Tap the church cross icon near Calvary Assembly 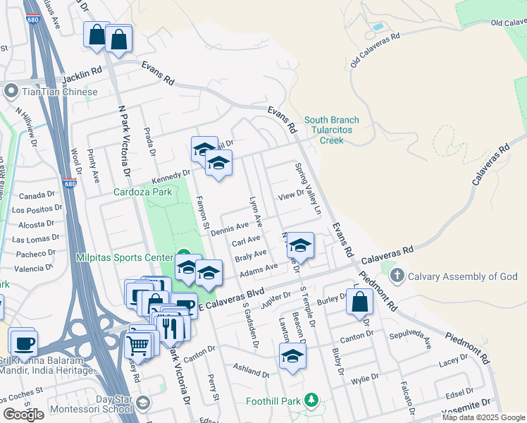pyautogui.click(x=397, y=276)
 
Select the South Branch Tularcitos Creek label pyautogui.click(x=331, y=130)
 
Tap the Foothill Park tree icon pyautogui.click(x=312, y=402)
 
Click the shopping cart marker pyautogui.click(x=138, y=346)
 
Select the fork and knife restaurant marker pyautogui.click(x=170, y=329)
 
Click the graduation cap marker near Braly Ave pyautogui.click(x=300, y=246)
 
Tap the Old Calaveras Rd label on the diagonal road pyautogui.click(x=375, y=49)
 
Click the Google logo pyautogui.click(x=23, y=415)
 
